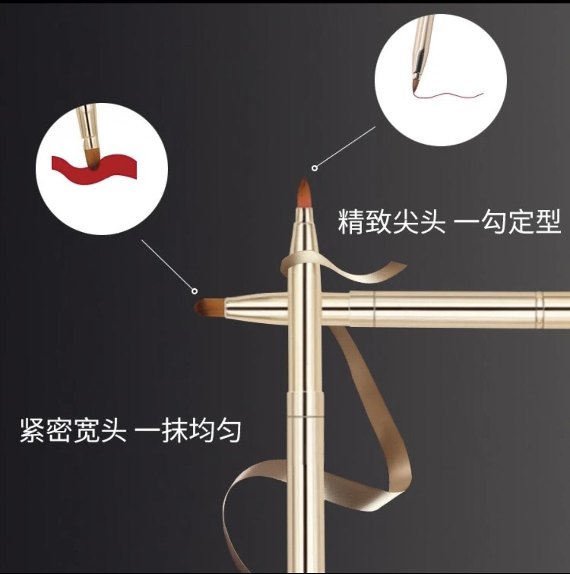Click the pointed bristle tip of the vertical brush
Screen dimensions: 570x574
(x=304, y=190)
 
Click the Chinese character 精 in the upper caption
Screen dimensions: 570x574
(x=351, y=222)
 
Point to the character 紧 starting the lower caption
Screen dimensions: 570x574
(x=33, y=429)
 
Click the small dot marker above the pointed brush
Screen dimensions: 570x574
(x=315, y=168)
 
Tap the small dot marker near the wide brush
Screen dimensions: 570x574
(x=194, y=291)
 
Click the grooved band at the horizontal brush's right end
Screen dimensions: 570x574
(x=540, y=308)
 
